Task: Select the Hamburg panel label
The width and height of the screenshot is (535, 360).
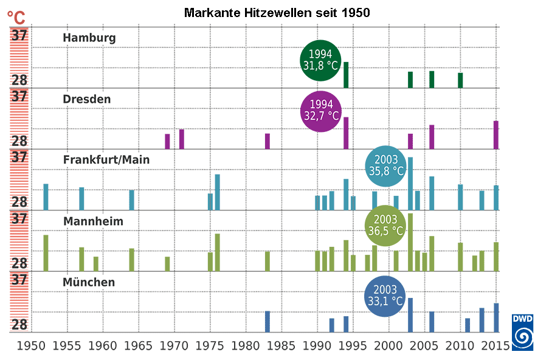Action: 89,38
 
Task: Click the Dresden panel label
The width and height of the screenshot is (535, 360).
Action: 87,99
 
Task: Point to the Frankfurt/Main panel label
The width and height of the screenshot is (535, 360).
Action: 106,159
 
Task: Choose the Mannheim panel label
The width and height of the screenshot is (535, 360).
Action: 93,221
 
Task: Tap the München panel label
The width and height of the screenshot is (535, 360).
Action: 89,282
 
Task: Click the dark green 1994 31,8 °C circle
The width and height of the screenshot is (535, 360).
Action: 320,61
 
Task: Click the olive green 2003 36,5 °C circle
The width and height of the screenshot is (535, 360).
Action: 385,226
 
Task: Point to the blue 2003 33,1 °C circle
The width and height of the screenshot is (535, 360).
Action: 384,295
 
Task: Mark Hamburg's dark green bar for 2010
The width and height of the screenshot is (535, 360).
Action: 460,80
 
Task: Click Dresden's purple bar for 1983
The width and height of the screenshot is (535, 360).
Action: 267,141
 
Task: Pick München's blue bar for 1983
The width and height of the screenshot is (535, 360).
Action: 267,322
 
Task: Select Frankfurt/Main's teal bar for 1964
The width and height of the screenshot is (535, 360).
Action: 132,200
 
